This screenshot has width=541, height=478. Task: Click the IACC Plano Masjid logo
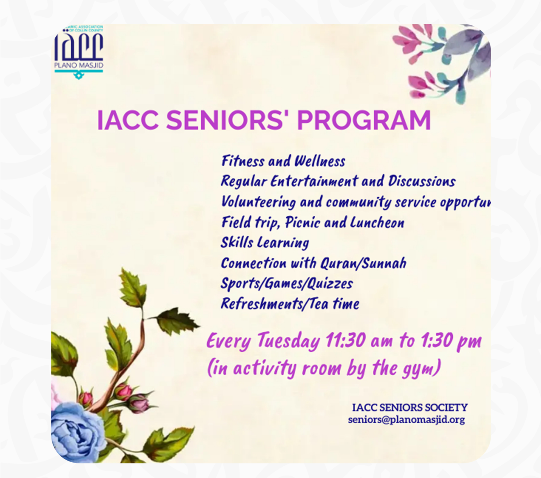coord(79,51)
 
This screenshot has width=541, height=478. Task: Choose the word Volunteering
coord(258,202)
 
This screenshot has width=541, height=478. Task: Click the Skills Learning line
coord(265,243)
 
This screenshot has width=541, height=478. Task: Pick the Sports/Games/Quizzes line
coord(286,284)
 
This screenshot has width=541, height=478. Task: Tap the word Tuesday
coord(288,341)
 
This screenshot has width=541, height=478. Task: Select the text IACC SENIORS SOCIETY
coord(410,408)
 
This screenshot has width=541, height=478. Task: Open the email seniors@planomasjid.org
coord(406,420)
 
